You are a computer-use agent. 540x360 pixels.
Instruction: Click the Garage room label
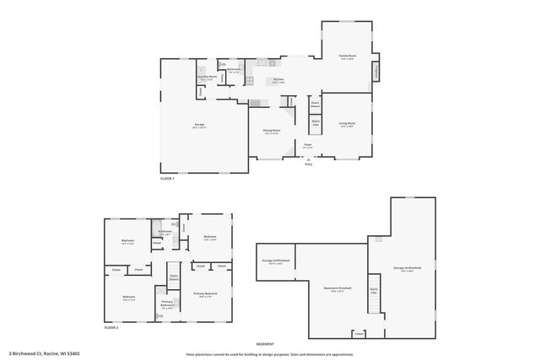click(199, 126)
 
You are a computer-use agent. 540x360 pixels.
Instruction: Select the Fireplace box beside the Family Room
click(375, 71)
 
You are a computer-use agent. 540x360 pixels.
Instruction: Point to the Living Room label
click(347, 124)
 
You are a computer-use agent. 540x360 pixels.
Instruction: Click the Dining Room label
click(272, 132)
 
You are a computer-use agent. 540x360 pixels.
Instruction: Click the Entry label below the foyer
click(308, 164)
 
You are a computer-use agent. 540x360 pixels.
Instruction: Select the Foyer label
click(308, 145)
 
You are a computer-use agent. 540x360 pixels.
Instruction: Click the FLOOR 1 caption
click(167, 179)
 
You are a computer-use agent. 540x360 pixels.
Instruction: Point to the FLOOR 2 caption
click(111, 327)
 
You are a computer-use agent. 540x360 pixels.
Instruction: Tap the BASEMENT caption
click(266, 344)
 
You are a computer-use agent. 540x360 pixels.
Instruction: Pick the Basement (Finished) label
click(337, 288)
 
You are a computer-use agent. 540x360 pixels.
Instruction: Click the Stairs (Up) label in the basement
click(374, 290)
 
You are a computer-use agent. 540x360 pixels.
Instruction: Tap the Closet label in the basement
click(359, 333)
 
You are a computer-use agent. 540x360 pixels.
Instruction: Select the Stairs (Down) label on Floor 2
click(175, 277)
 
